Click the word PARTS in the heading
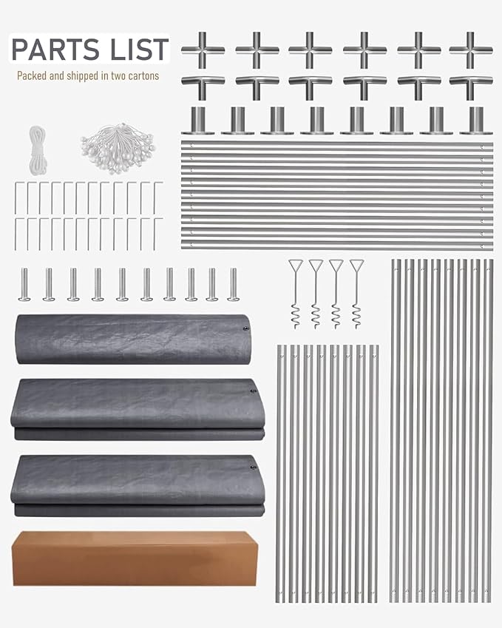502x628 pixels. coord(55,50)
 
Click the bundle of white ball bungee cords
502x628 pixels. coord(118,148)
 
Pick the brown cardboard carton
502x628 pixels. coord(135,558)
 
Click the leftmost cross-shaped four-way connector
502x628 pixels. coord(203,50)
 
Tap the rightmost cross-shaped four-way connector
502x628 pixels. coord(471,50)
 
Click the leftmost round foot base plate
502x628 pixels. coord(197,121)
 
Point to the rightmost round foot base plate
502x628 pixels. coord(476,121)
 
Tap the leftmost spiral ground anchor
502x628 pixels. coord(296,294)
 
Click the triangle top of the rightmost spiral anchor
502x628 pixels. coord(356,265)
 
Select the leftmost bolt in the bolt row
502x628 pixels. coord(24,284)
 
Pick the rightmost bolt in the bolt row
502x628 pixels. coord(233,284)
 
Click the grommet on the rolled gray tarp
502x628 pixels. coord(245,329)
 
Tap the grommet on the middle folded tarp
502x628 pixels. coord(253,391)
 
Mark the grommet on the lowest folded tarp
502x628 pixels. coord(253,467)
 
